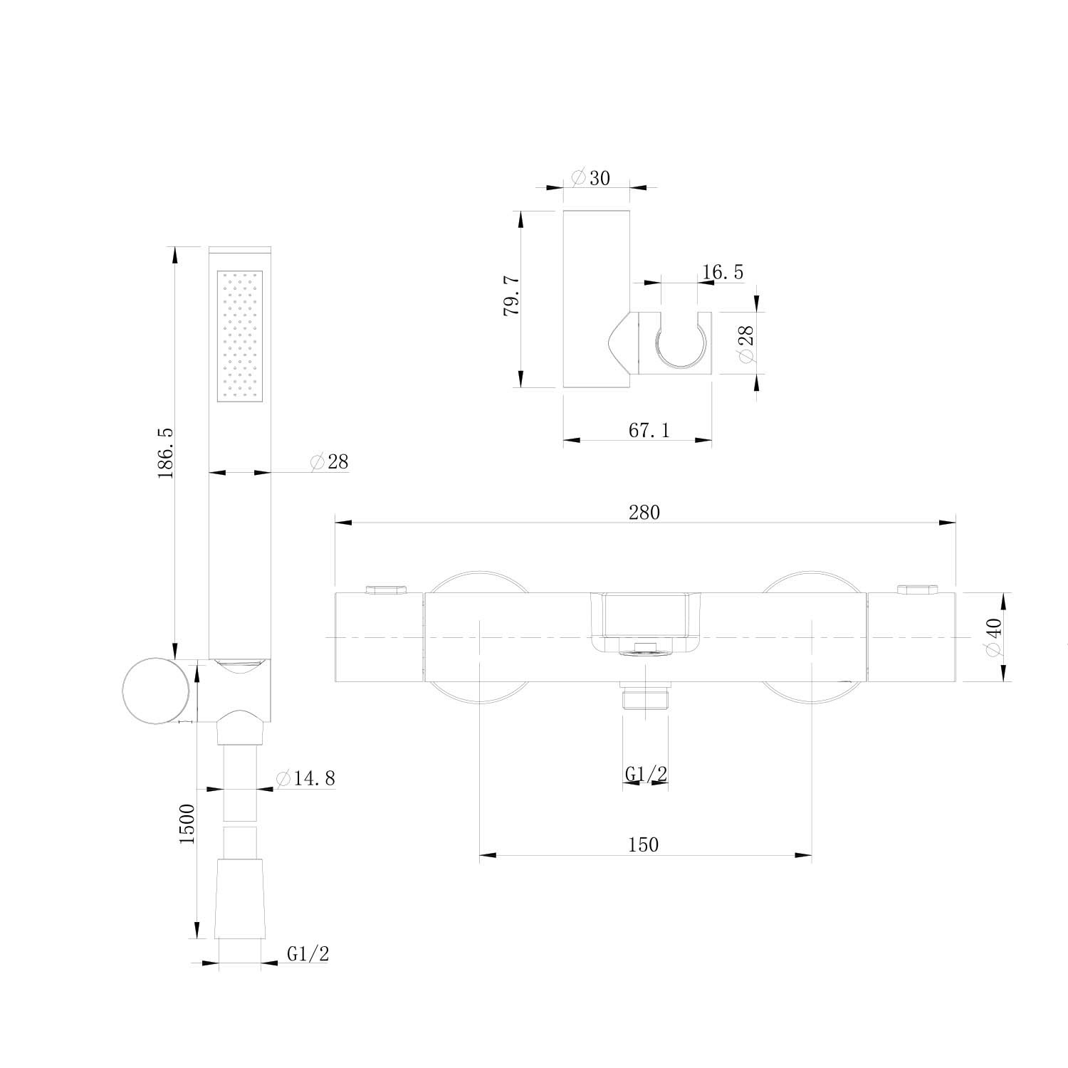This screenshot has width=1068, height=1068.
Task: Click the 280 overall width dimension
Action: tap(644, 512)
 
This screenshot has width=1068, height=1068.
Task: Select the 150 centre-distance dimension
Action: tap(644, 844)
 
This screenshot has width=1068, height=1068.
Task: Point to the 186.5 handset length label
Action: tap(165, 453)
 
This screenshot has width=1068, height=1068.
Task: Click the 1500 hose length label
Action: tap(187, 824)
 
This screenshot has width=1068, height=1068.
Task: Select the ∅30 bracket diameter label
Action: tap(591, 177)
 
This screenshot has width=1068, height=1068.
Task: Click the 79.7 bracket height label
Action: tap(512, 298)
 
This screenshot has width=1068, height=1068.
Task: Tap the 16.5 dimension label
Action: tap(722, 272)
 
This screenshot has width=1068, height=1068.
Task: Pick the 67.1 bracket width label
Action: tap(649, 430)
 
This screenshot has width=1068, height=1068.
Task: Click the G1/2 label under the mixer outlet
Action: tap(646, 773)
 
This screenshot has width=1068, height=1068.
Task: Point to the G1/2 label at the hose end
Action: tap(308, 954)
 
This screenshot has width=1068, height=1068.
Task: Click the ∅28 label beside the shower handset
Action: tap(330, 461)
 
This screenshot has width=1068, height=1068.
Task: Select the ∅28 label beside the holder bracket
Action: tap(747, 345)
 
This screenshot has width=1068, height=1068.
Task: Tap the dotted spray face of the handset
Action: tap(240, 335)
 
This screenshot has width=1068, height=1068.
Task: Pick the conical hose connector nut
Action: tap(239, 899)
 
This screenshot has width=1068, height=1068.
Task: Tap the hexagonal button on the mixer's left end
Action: tap(384, 589)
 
